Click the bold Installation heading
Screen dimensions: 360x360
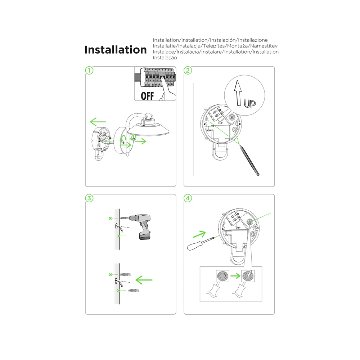pyautogui.click(x=116, y=50)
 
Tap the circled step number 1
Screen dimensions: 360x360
pyautogui.click(x=89, y=71)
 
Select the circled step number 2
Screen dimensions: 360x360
pyautogui.click(x=188, y=71)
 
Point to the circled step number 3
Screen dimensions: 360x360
pyautogui.click(x=89, y=198)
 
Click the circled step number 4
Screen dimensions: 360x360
pyautogui.click(x=188, y=198)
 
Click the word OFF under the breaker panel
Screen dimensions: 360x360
pyautogui.click(x=147, y=96)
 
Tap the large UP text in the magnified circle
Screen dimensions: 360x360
pyautogui.click(x=249, y=104)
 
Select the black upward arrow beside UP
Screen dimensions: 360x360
pyautogui.click(x=238, y=93)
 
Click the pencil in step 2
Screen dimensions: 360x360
pyautogui.click(x=249, y=160)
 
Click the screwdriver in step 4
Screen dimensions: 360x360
pyautogui.click(x=201, y=244)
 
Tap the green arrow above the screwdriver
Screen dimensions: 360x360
pyautogui.click(x=199, y=234)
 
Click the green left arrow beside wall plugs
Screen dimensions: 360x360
pyautogui.click(x=144, y=280)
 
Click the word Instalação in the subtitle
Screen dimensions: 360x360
pyautogui.click(x=165, y=58)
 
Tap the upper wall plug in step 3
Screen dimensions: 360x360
pyautogui.click(x=125, y=274)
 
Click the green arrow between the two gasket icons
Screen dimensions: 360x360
pyautogui.click(x=235, y=275)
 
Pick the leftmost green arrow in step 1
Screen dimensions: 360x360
pyautogui.click(x=98, y=122)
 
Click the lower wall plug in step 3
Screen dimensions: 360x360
pyautogui.click(x=134, y=291)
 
